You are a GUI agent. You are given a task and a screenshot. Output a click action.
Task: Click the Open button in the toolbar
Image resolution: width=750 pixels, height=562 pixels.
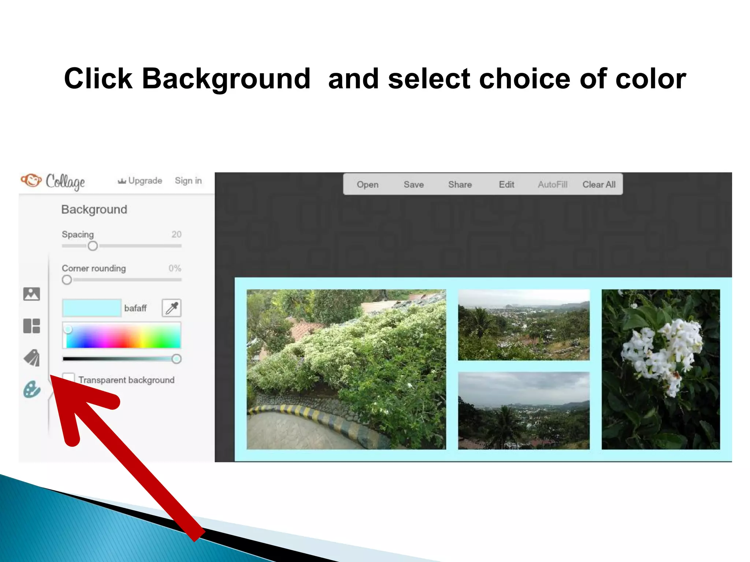coord(367,184)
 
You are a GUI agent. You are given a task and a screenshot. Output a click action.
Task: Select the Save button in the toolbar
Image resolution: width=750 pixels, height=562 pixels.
coord(413,184)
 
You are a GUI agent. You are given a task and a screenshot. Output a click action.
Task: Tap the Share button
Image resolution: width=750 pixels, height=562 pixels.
coord(460,184)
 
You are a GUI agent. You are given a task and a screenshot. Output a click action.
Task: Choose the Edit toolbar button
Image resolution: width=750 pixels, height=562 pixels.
coord(506,184)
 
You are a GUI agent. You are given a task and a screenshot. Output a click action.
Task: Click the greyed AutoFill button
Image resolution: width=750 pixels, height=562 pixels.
coord(552,184)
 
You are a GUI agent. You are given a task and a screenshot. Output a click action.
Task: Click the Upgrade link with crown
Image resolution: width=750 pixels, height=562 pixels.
coord(140,181)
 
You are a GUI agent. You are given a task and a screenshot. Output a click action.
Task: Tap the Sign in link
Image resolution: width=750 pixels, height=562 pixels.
coord(188,181)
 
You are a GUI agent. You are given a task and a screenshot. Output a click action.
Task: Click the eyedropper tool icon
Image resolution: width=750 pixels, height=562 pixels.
coord(171,308)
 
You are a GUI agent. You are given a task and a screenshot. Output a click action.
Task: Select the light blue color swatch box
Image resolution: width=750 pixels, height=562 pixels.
coord(92,308)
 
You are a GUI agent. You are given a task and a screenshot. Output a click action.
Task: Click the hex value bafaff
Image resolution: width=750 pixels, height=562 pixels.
coord(135,308)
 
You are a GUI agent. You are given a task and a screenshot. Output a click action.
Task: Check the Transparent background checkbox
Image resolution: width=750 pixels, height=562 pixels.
coord(68,379)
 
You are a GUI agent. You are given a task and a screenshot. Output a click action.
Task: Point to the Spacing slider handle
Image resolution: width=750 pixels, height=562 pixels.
coord(93,246)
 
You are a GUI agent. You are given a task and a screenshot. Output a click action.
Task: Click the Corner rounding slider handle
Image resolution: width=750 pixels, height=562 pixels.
coord(67,280)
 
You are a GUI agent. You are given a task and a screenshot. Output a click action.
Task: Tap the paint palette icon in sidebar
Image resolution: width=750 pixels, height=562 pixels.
coord(31,389)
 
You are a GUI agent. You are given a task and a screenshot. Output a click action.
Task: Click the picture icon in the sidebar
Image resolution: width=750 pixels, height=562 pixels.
coord(31,294)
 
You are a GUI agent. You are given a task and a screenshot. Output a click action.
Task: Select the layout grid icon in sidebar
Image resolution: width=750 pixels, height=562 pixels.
coord(31,326)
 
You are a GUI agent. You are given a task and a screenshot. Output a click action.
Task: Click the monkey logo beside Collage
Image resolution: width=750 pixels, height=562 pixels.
coord(31,180)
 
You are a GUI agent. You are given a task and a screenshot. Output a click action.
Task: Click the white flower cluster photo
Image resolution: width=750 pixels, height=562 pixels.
coord(660,369)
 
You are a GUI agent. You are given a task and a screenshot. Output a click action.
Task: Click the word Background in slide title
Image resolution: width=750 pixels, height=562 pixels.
coord(226,79)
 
